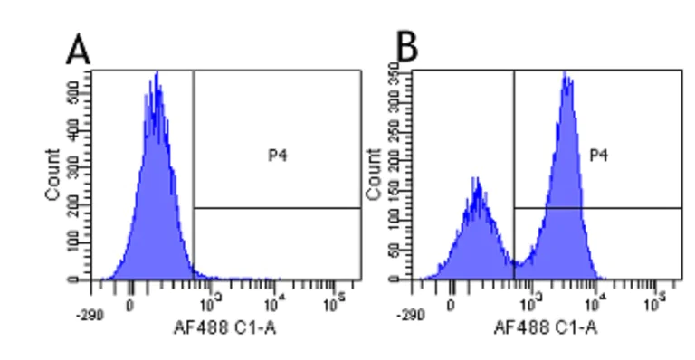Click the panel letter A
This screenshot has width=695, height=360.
click(x=79, y=50)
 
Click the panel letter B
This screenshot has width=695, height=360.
click(x=407, y=48)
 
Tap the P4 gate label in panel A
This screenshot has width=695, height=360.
click(x=277, y=156)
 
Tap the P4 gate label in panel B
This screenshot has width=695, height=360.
click(x=598, y=156)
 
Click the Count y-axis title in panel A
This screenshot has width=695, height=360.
click(x=53, y=175)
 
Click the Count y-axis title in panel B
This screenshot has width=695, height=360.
click(x=373, y=175)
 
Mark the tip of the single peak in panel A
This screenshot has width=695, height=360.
click(x=157, y=74)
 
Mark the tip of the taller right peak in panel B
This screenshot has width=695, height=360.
click(x=566, y=74)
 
